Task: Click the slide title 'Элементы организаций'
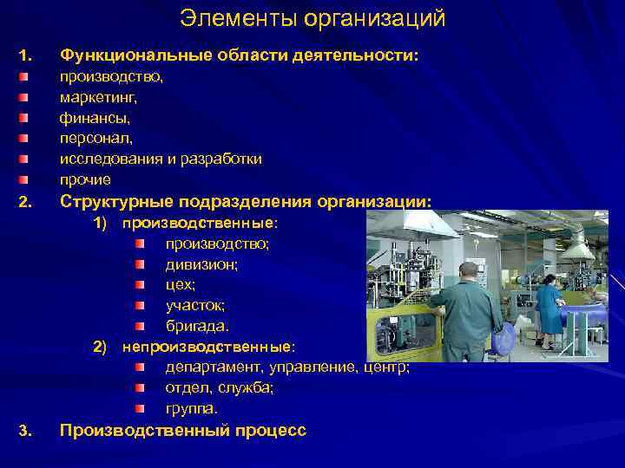tap(312, 17)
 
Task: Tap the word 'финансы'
tap(89, 117)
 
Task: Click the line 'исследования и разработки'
tap(161, 159)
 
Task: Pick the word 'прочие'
tap(85, 180)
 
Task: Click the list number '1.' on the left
tap(24, 56)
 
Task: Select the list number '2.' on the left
tap(24, 204)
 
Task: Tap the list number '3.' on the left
tap(24, 431)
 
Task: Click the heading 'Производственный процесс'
tap(182, 430)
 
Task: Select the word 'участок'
tap(195, 306)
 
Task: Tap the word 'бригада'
tap(197, 327)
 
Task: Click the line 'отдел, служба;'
tap(220, 387)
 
